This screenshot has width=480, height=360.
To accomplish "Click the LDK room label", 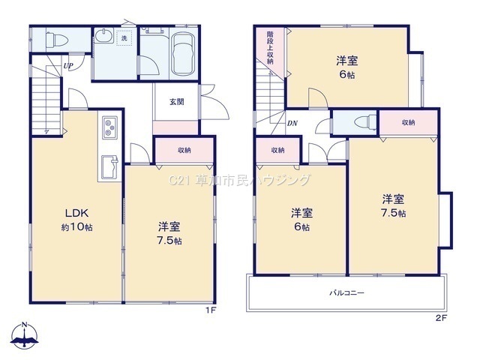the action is [x=76, y=212].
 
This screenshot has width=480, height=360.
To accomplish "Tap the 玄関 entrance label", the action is [x=177, y=102].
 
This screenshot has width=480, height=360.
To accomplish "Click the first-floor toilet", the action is [x=56, y=40].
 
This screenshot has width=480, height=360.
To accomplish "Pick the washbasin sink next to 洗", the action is [x=104, y=35].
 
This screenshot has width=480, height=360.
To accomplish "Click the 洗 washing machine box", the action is [x=124, y=38].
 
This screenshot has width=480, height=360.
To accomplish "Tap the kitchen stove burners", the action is [x=109, y=127].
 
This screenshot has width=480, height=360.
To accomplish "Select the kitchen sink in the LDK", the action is [x=110, y=167].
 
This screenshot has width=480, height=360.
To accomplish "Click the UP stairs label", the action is [x=68, y=65].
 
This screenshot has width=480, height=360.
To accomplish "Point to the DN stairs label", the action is [x=292, y=123].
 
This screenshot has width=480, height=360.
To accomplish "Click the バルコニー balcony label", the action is [x=346, y=293].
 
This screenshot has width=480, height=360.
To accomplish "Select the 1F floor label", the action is [x=211, y=310].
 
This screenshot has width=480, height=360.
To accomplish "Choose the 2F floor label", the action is [x=441, y=318].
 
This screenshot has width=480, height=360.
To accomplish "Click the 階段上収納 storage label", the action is [x=270, y=47].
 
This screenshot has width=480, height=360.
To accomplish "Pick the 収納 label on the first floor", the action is [x=184, y=150].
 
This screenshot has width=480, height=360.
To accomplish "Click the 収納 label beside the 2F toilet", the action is [x=408, y=122].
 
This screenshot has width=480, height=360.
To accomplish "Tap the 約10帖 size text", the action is [x=76, y=227].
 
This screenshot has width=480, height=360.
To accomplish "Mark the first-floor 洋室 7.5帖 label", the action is [x=169, y=233].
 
